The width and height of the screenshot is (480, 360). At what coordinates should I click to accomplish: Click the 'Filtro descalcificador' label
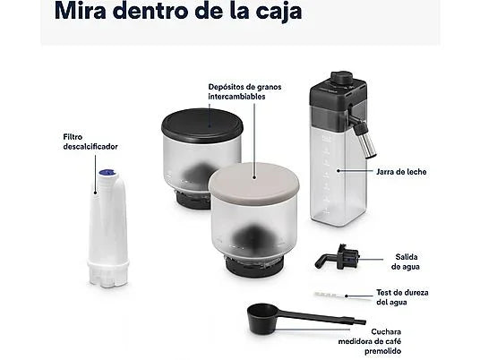click(x=90, y=141)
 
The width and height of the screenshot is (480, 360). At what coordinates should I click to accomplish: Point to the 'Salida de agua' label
click(x=404, y=261)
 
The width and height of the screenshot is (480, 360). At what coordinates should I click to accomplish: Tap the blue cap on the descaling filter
click(x=104, y=178)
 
